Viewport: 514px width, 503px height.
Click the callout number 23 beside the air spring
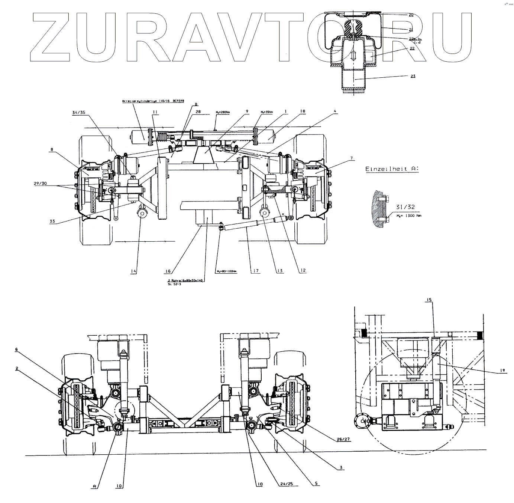[413, 76]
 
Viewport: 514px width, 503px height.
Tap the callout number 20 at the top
[411, 15]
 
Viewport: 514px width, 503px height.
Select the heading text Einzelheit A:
[392, 169]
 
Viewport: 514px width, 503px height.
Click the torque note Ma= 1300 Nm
[409, 216]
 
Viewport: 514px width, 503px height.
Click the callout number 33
[52, 221]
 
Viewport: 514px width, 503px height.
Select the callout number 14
[134, 271]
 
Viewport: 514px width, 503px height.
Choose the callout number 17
[255, 271]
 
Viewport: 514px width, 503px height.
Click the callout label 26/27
[345, 439]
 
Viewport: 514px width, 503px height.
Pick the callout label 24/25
[286, 484]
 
